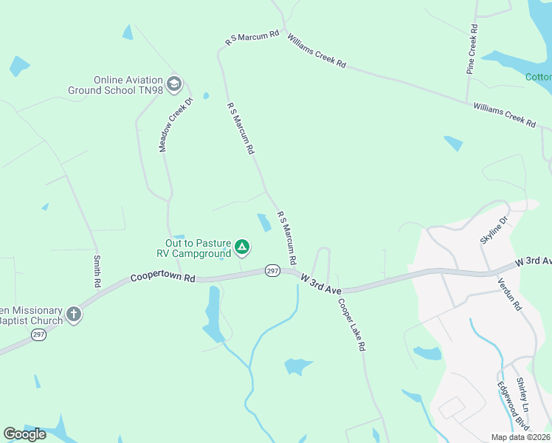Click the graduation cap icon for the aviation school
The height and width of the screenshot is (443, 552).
[174, 83]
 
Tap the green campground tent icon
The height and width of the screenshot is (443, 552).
[242, 248]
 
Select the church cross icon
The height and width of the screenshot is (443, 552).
[73, 315]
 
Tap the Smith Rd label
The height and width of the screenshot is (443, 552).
[96, 271]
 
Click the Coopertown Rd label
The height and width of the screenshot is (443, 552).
[162, 278]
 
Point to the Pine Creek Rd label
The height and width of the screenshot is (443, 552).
[472, 50]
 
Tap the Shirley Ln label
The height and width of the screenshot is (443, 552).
[522, 395]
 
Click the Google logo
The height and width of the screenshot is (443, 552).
[24, 434]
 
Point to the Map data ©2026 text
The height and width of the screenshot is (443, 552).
[521, 437]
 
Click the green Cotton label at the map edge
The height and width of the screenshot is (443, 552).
[538, 77]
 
